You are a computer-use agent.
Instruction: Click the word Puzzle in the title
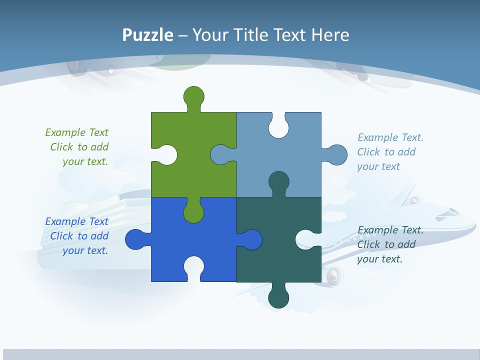coord(148,35)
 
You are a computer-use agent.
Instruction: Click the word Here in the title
coord(330,35)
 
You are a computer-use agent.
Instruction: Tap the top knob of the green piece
coord(194,96)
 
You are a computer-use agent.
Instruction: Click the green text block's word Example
coord(65,132)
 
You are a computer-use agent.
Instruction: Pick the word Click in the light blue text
coord(368,152)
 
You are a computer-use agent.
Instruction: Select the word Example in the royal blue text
coord(65,221)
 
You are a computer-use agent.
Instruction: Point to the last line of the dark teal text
coord(379,259)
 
